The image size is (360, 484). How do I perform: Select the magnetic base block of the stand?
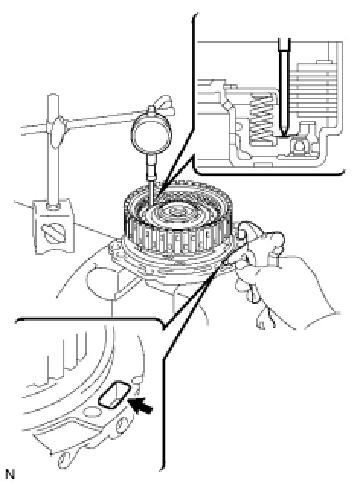coord(53,227)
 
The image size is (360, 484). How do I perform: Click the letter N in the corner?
coord(10,474)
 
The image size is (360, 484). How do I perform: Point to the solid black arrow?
coord(142,405)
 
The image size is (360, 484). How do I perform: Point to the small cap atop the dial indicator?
coord(151,111)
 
